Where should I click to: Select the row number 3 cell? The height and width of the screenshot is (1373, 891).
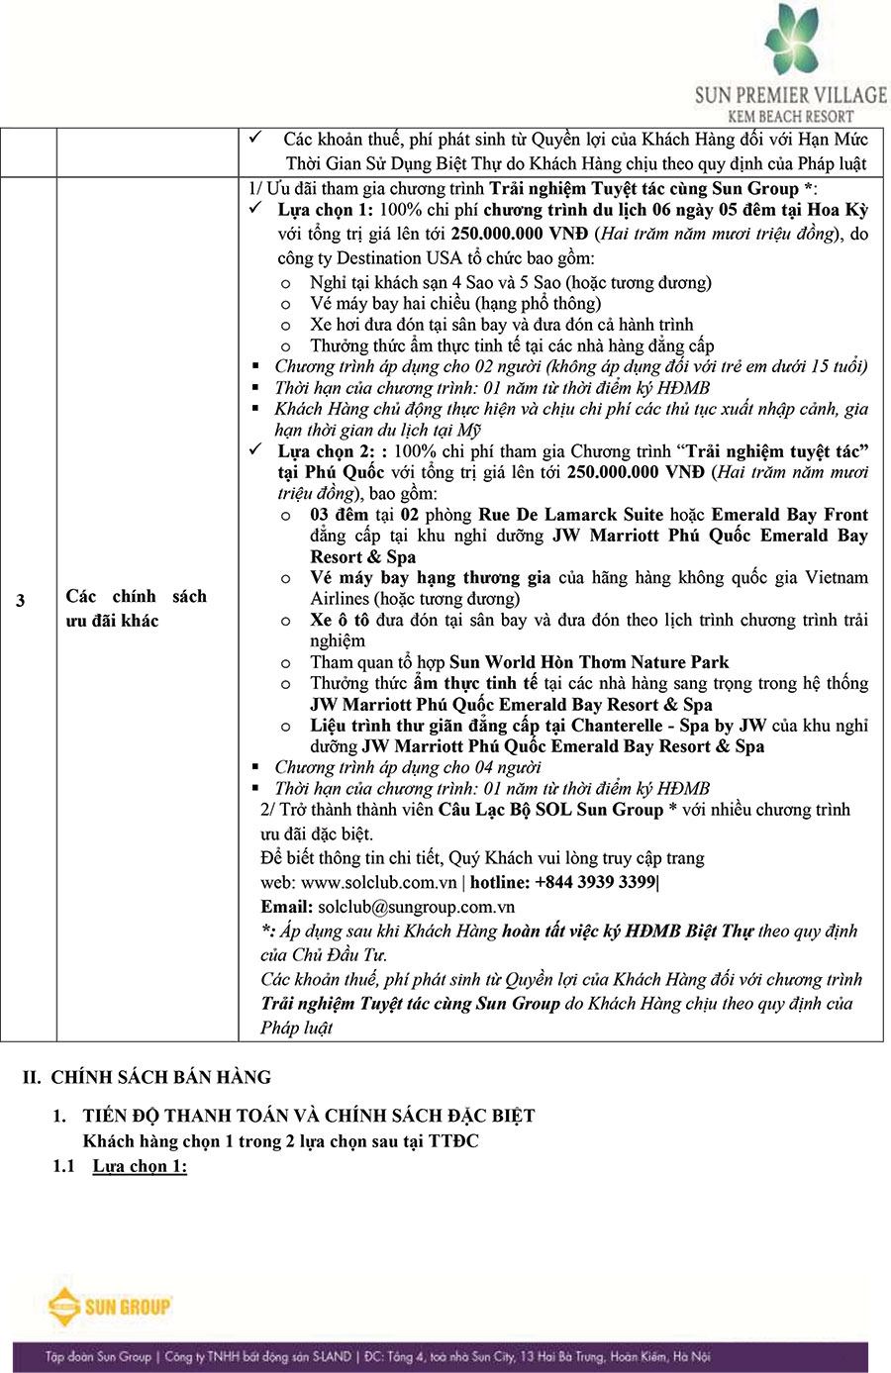21,600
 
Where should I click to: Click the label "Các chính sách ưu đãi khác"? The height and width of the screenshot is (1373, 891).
136,608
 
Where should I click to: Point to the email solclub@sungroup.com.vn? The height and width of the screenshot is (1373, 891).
416,907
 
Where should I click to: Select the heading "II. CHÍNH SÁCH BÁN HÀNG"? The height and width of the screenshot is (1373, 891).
147,1077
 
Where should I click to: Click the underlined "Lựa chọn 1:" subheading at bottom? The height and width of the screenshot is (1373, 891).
140,1165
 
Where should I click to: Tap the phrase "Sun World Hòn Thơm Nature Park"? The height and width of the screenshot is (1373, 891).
589,662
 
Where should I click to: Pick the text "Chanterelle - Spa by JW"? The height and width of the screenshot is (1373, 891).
654,726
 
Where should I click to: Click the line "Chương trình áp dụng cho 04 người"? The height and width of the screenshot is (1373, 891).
408,767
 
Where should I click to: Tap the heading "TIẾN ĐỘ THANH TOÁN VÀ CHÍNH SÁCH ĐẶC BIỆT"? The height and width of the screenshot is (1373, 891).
309,1116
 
